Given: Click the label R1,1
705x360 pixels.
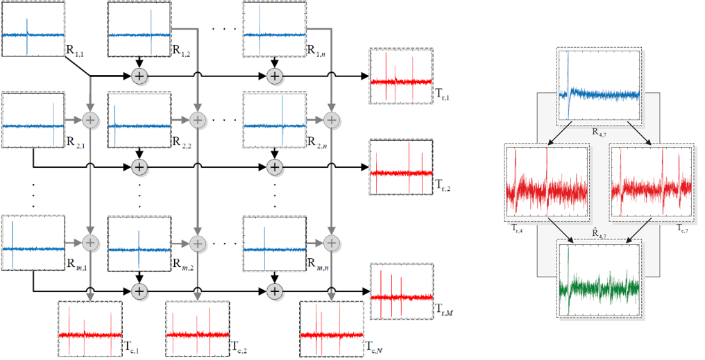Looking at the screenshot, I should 76,51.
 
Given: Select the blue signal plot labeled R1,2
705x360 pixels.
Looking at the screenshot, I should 139,29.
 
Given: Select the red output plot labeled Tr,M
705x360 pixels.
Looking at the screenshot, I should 400,291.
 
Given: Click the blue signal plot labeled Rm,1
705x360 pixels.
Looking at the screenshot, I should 33,243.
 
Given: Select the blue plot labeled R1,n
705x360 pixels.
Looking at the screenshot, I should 275,29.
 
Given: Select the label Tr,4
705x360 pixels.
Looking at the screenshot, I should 515,227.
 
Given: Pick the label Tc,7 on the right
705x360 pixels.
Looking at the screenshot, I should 683,227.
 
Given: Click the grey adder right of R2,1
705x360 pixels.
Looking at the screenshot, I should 90,119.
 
